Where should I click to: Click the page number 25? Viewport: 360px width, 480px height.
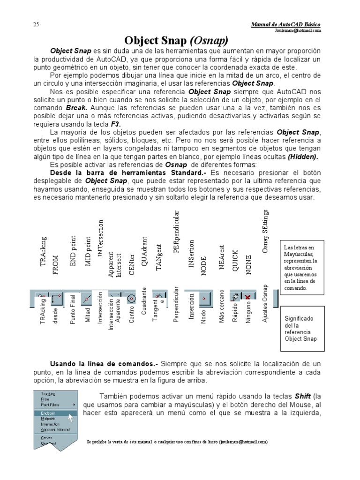click(36, 24)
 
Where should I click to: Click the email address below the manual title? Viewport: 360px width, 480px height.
click(299, 30)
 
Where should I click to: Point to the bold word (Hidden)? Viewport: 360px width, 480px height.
click(303, 156)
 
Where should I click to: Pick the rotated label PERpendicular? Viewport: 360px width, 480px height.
click(176, 232)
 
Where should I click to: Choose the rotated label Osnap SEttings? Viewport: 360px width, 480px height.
click(265, 232)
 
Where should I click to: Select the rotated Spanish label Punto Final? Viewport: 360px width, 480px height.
click(73, 309)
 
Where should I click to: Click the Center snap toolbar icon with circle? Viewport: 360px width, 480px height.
click(132, 297)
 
